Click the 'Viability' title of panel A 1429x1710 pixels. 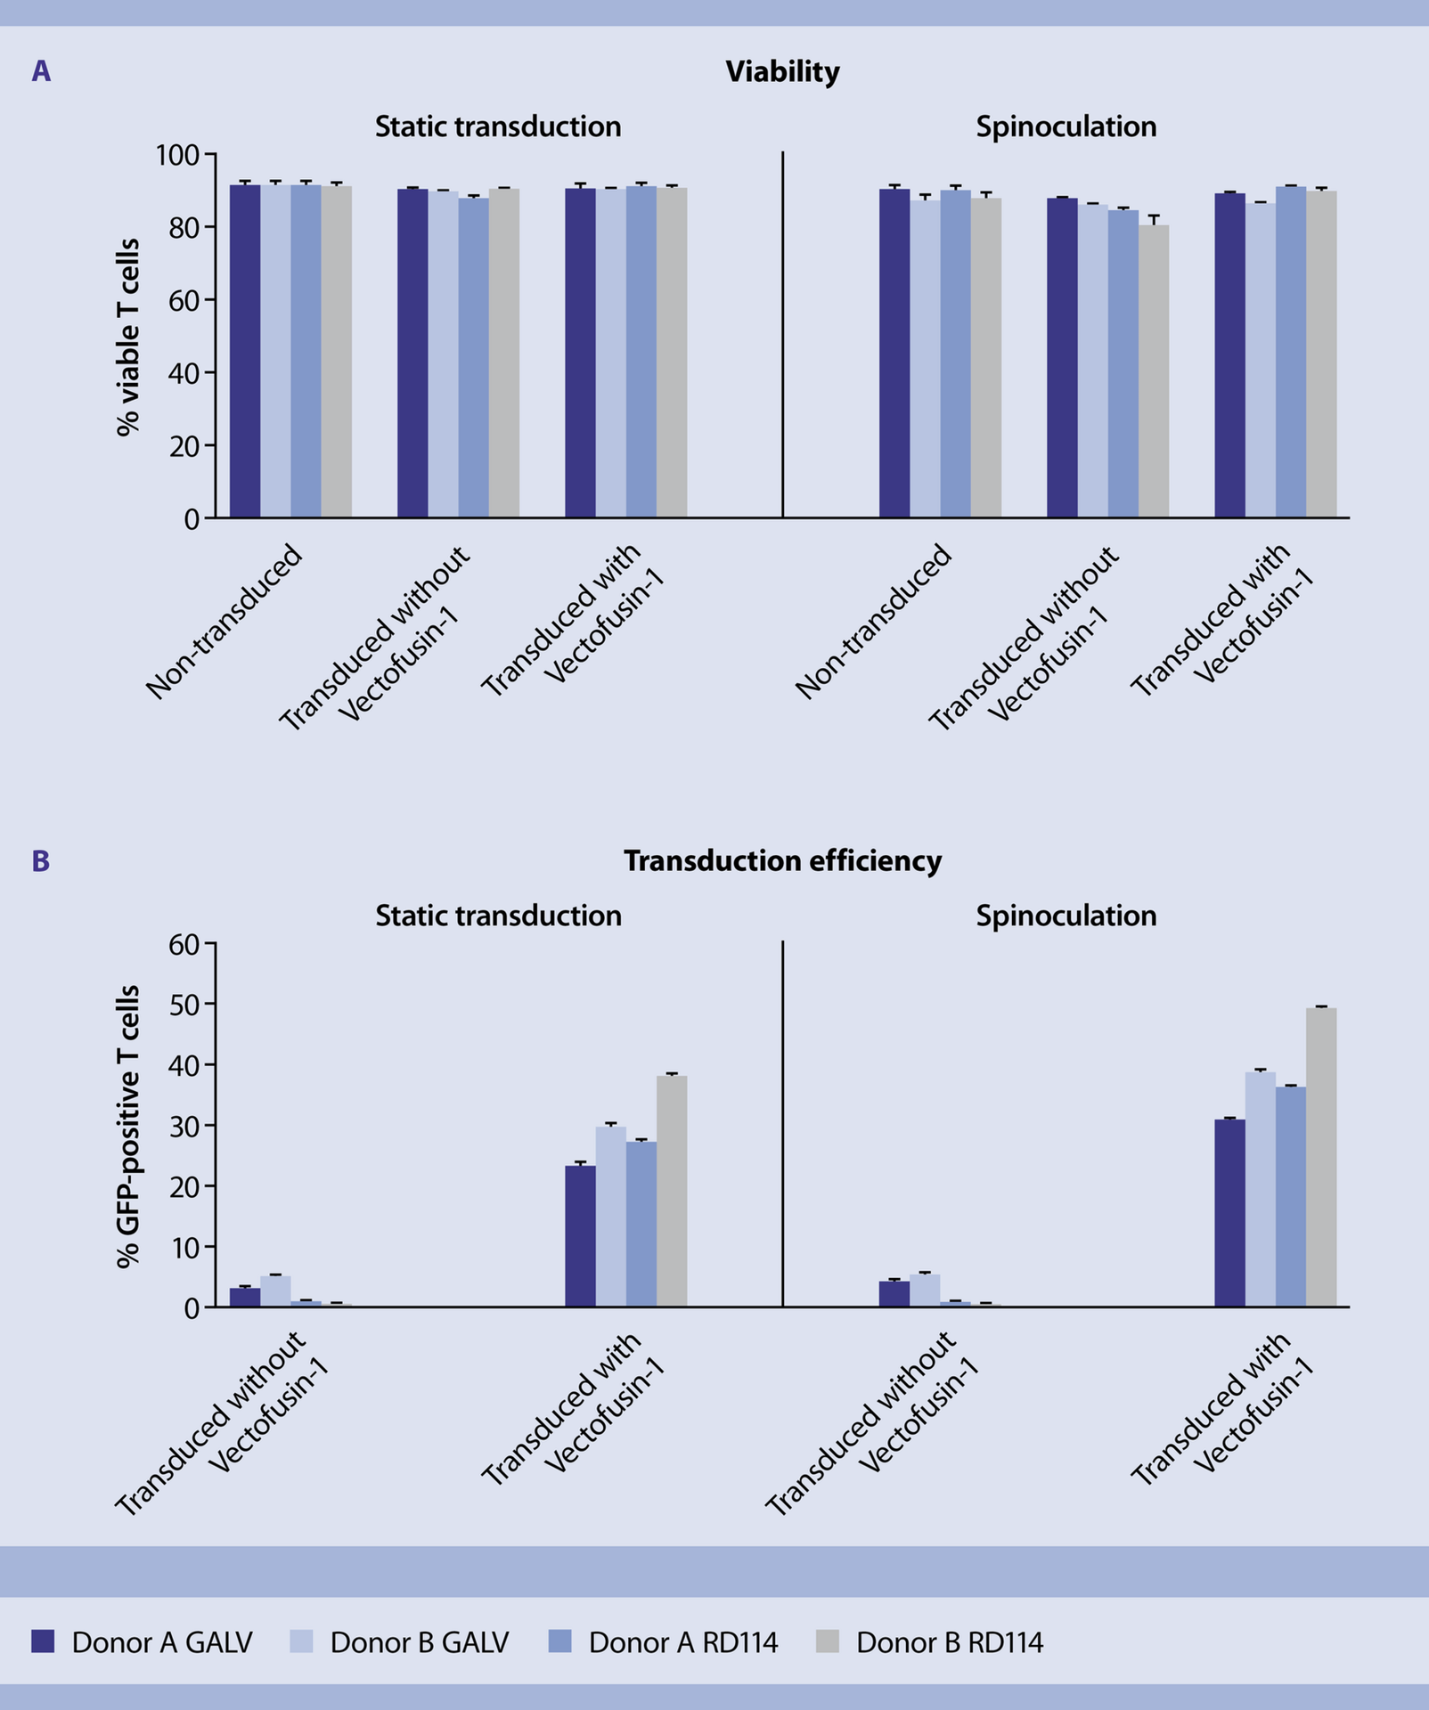pos(782,71)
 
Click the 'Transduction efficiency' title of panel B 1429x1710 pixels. pos(782,860)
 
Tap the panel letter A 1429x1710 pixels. pos(41,71)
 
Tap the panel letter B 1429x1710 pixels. pos(41,860)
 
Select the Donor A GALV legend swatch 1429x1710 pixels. pos(43,1641)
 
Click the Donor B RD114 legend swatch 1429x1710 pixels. pos(828,1641)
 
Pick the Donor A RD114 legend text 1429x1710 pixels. pos(683,1642)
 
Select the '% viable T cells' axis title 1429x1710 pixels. pos(128,337)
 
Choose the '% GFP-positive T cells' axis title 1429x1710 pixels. pos(128,1126)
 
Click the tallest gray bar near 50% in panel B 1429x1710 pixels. pos(1321,1158)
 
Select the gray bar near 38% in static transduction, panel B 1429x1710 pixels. pos(672,1192)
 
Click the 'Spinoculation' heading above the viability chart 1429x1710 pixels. pos(1066,126)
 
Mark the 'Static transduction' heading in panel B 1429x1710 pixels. pos(498,916)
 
